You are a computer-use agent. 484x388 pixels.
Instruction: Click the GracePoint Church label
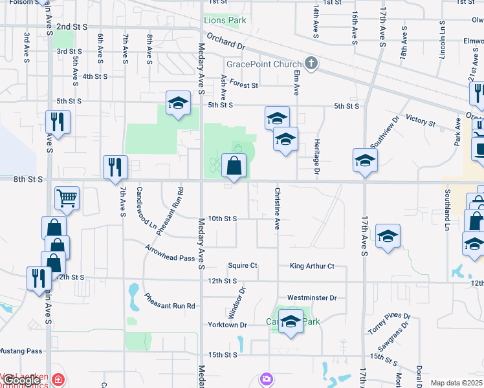coord(263,64)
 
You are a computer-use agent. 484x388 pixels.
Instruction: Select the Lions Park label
coord(225,21)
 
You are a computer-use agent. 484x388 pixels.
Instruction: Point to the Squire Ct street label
coord(243,266)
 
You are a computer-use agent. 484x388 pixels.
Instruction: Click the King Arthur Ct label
coord(312,266)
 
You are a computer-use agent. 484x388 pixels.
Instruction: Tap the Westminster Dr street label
coord(313,297)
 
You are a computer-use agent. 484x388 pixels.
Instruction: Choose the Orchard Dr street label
coord(228,47)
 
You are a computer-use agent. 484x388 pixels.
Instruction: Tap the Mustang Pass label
coord(21,351)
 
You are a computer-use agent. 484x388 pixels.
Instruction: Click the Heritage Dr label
coord(317,157)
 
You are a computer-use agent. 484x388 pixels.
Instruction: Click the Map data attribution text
coord(456,383)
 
